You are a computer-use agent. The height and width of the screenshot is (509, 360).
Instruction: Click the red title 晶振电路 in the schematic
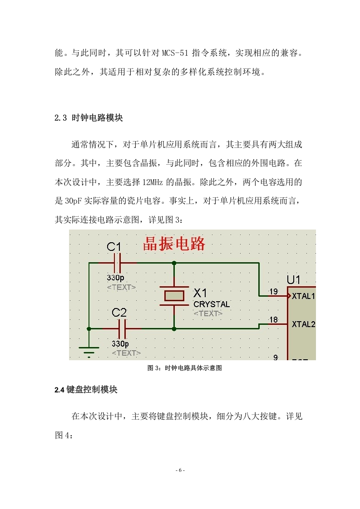coord(174,244)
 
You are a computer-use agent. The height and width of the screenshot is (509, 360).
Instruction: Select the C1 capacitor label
coord(113,247)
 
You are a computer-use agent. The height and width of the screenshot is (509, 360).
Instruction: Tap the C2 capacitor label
coord(119,313)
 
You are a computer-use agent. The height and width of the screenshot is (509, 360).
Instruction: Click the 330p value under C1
coord(115,278)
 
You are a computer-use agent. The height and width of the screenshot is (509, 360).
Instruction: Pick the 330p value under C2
coord(120,343)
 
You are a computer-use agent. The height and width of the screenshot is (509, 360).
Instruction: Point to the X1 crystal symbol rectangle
coord(174,296)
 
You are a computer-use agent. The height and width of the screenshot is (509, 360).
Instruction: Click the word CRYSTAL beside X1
coord(212,304)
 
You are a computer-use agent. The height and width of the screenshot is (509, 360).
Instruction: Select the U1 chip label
coord(293,279)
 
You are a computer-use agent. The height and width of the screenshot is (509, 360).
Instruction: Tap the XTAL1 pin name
coord(303,296)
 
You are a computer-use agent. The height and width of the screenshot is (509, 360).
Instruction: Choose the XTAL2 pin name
coord(303,324)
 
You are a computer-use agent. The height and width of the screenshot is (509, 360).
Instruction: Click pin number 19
coord(274,291)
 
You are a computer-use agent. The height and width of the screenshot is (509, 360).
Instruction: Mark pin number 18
coord(274,319)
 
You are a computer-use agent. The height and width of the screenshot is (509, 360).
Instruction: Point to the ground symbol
coord(89,352)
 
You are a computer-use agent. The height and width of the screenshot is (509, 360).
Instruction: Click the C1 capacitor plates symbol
coord(117,263)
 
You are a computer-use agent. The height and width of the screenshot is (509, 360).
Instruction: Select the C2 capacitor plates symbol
coord(122,328)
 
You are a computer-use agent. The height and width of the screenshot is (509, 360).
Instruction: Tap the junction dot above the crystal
coord(174,263)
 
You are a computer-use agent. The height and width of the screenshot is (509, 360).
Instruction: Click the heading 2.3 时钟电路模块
coord(89,118)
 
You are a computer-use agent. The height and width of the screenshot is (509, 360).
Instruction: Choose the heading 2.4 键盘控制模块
coord(86,390)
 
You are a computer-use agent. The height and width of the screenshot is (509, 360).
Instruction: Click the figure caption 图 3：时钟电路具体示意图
coord(185,368)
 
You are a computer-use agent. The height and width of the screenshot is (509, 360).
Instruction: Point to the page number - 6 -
coord(180,470)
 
